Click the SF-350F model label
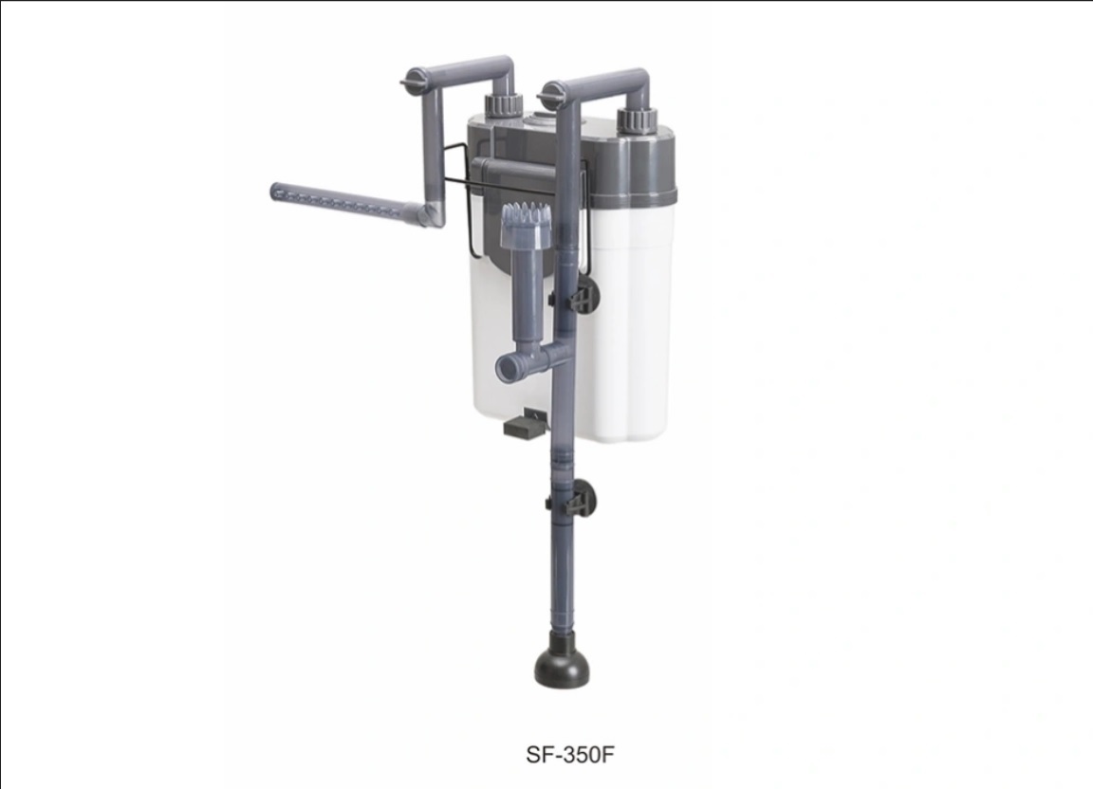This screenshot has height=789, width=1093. point(571,755)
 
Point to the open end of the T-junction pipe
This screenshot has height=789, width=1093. point(508,364)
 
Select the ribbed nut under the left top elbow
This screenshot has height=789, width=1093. point(503,105)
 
